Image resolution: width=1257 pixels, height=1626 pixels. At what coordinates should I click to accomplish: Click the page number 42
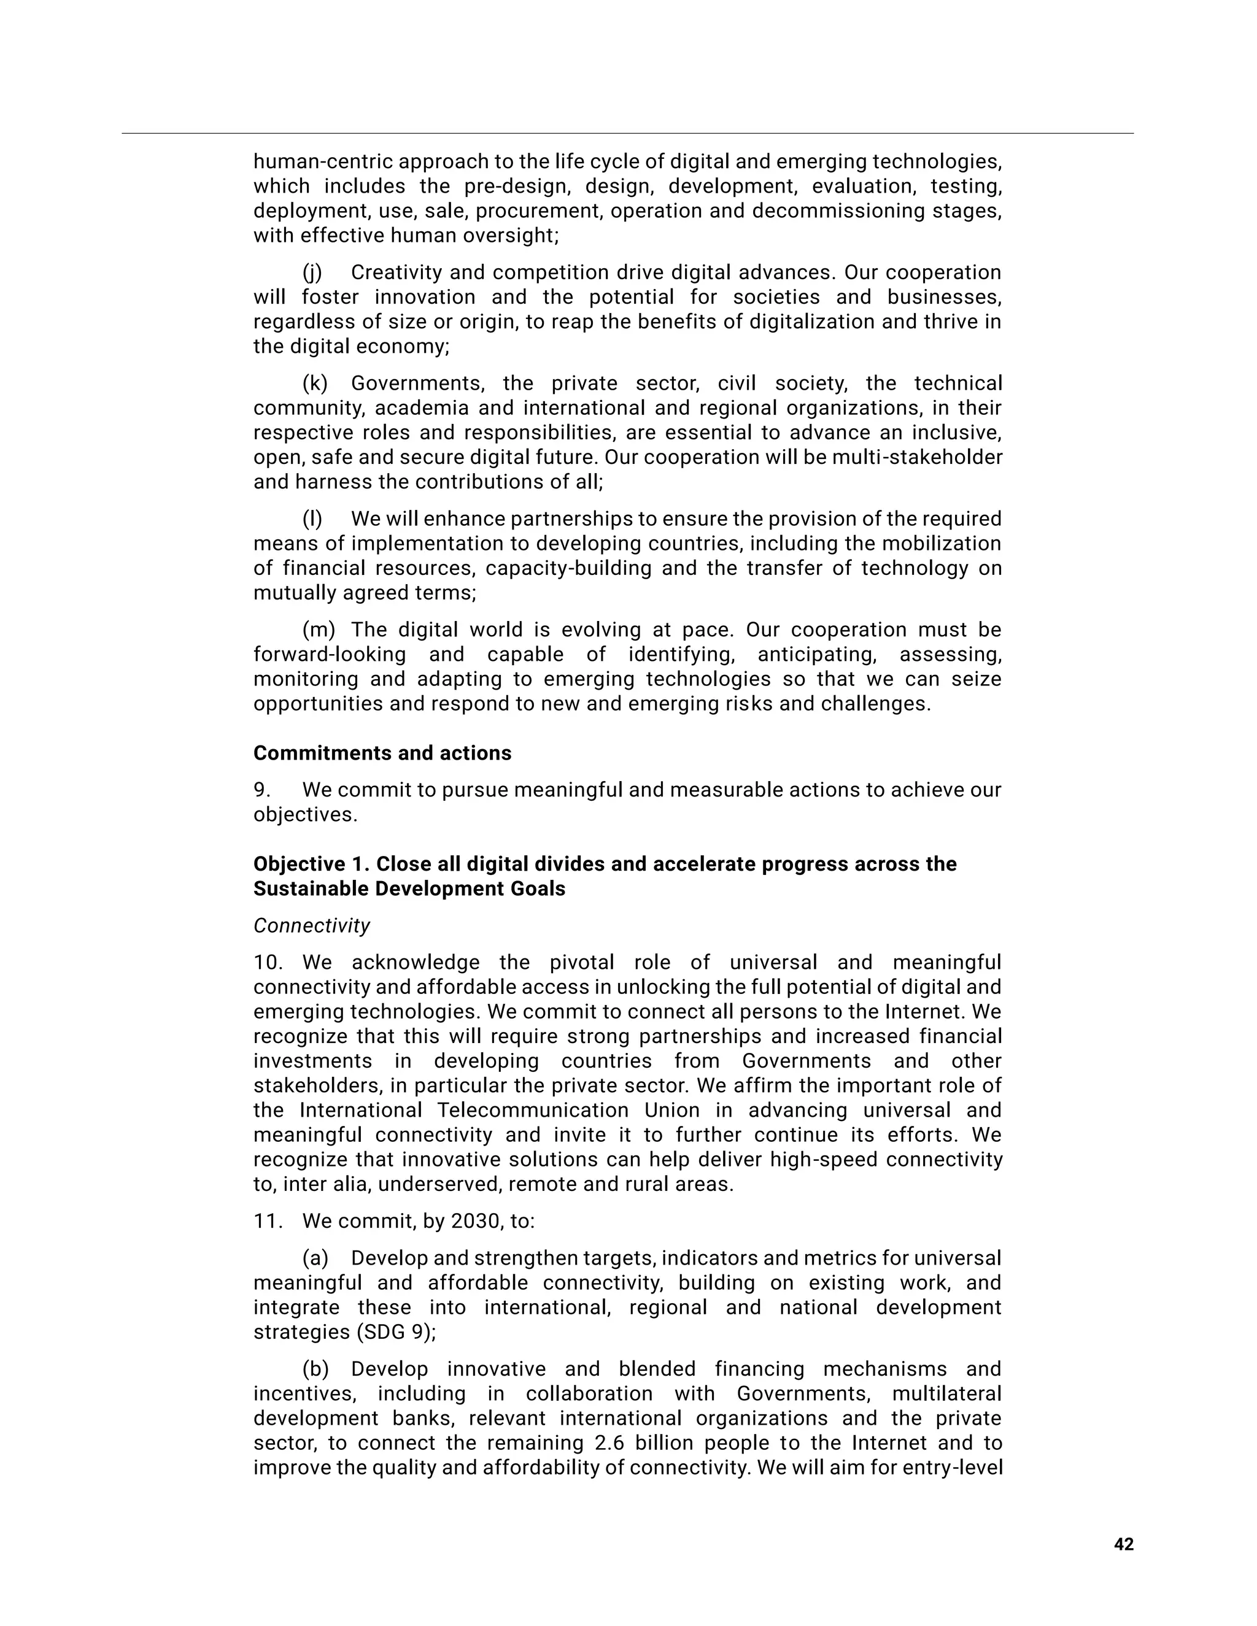coord(1123,1545)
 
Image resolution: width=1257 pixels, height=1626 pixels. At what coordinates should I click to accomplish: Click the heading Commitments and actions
coord(382,753)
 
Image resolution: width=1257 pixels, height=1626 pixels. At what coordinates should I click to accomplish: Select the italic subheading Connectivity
coord(311,925)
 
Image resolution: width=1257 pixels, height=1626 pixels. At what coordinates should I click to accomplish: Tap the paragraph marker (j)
coord(312,272)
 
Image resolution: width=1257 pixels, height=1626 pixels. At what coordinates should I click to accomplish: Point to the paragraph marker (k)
coord(314,383)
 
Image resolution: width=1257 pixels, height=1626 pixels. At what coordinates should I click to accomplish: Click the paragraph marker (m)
coord(318,630)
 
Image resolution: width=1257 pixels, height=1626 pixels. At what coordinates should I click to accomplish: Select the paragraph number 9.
coord(261,790)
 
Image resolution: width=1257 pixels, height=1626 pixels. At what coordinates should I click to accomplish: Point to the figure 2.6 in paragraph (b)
coord(610,1443)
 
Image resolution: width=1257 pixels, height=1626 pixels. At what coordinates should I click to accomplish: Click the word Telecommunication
coord(532,1110)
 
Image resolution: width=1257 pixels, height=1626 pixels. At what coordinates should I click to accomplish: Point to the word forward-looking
coord(329,655)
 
